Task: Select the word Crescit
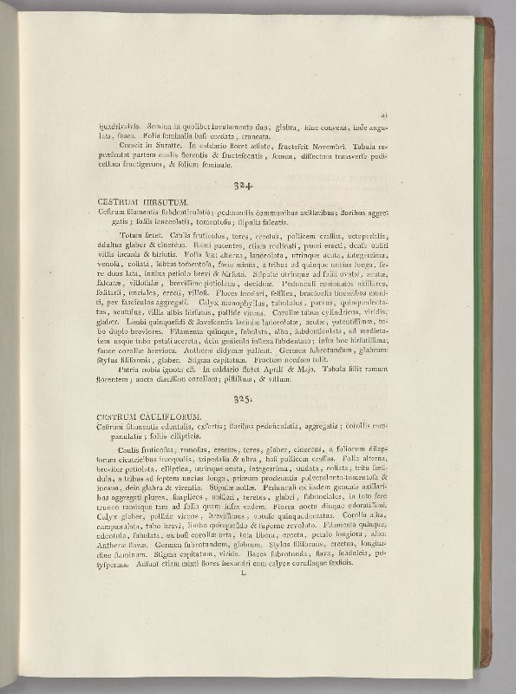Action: click(130, 145)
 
